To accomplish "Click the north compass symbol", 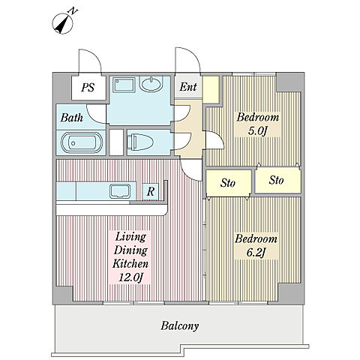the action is [63, 23].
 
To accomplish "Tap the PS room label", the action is [88, 87].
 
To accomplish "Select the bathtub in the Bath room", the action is [82, 142].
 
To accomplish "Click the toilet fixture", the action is [140, 142].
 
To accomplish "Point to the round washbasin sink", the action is [151, 84].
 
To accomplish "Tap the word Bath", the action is [72, 117].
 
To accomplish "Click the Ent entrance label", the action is [188, 87].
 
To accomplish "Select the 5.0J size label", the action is [256, 130].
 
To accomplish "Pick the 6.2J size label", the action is [256, 253].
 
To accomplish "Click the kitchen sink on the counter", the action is [120, 191].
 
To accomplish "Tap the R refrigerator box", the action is [151, 191].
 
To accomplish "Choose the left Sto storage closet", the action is [228, 183].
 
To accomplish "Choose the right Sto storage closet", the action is [277, 180].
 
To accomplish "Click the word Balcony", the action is [180, 325].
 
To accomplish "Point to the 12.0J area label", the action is [130, 277].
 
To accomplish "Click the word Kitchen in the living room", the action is [130, 263].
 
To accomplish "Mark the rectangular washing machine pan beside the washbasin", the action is [124, 85].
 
